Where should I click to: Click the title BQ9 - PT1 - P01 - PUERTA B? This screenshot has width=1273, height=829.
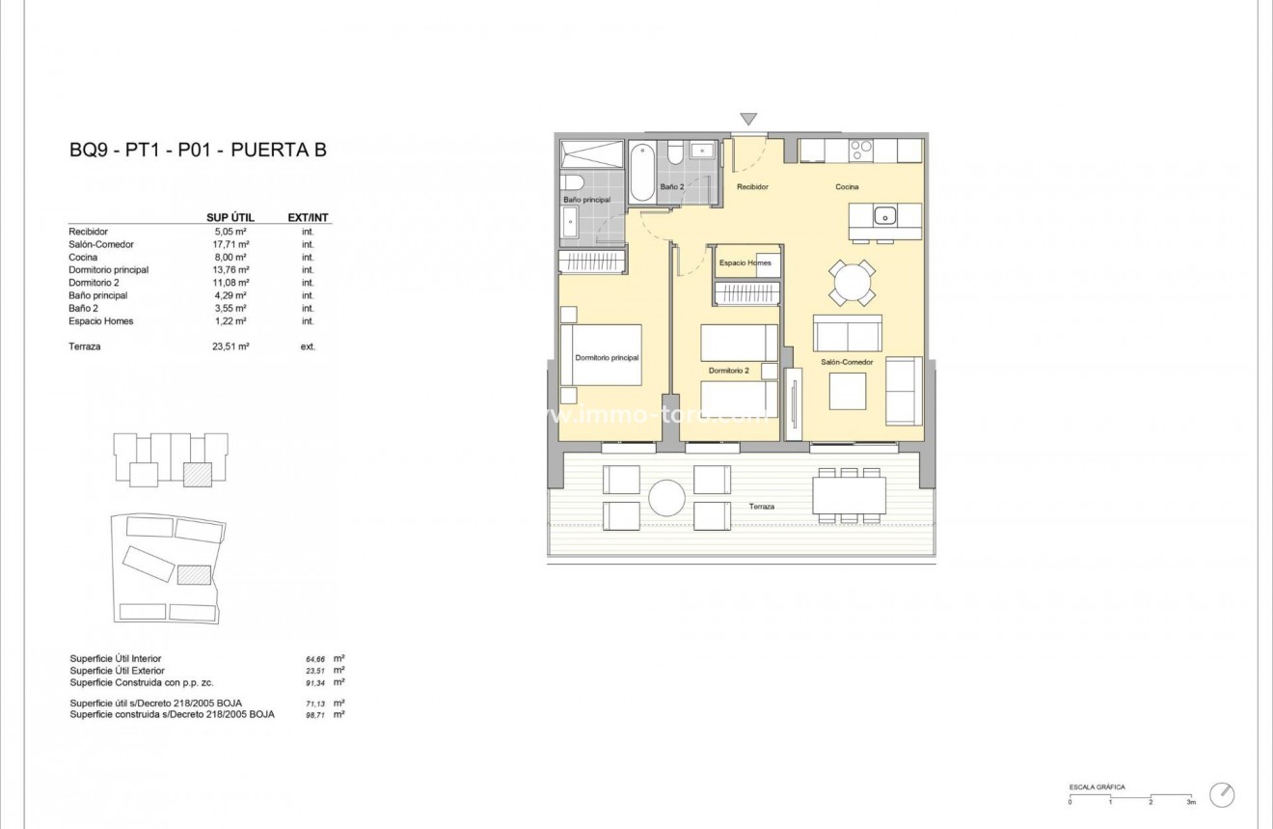pos(198,151)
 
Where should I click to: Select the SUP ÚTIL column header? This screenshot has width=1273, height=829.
pos(230,217)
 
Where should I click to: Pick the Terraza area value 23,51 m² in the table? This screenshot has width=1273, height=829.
pos(230,345)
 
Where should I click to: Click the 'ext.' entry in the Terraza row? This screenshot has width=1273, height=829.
pos(308,345)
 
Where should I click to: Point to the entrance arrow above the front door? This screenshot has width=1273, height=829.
pos(748,120)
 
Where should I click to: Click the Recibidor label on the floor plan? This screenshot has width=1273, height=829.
pos(752,187)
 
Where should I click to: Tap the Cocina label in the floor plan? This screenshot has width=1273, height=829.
pos(847,187)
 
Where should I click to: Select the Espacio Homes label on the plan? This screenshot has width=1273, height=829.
pos(745,263)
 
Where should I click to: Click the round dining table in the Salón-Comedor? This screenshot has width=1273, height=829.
pos(853,284)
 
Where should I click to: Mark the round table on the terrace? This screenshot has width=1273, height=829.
pos(666,498)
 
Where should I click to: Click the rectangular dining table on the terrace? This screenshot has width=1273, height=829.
pos(849,496)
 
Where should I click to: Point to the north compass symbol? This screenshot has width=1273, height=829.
pos(1222,794)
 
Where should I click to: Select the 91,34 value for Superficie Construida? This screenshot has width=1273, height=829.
pos(313,682)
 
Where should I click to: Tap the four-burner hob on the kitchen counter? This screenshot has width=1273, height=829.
pos(860,151)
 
